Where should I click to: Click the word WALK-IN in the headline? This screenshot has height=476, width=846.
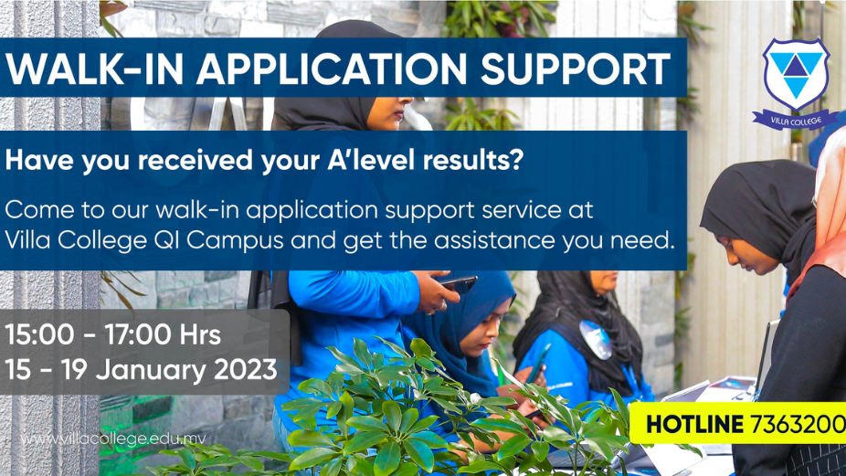click(94, 69)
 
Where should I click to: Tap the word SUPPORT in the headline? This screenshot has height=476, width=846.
click(576, 69)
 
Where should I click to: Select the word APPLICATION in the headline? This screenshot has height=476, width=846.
click(332, 69)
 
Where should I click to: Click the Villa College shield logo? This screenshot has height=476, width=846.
click(795, 75)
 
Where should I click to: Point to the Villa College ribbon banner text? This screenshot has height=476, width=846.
click(796, 121)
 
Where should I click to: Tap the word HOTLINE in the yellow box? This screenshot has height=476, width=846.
click(694, 424)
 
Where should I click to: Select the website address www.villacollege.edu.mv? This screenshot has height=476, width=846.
click(113, 439)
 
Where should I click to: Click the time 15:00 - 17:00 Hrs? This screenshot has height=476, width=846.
click(112, 334)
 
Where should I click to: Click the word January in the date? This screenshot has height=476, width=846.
click(151, 371)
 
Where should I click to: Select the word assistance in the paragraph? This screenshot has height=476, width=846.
click(495, 240)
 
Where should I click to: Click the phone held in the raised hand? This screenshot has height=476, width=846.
click(458, 284)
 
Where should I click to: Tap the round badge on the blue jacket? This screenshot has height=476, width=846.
click(597, 340)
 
